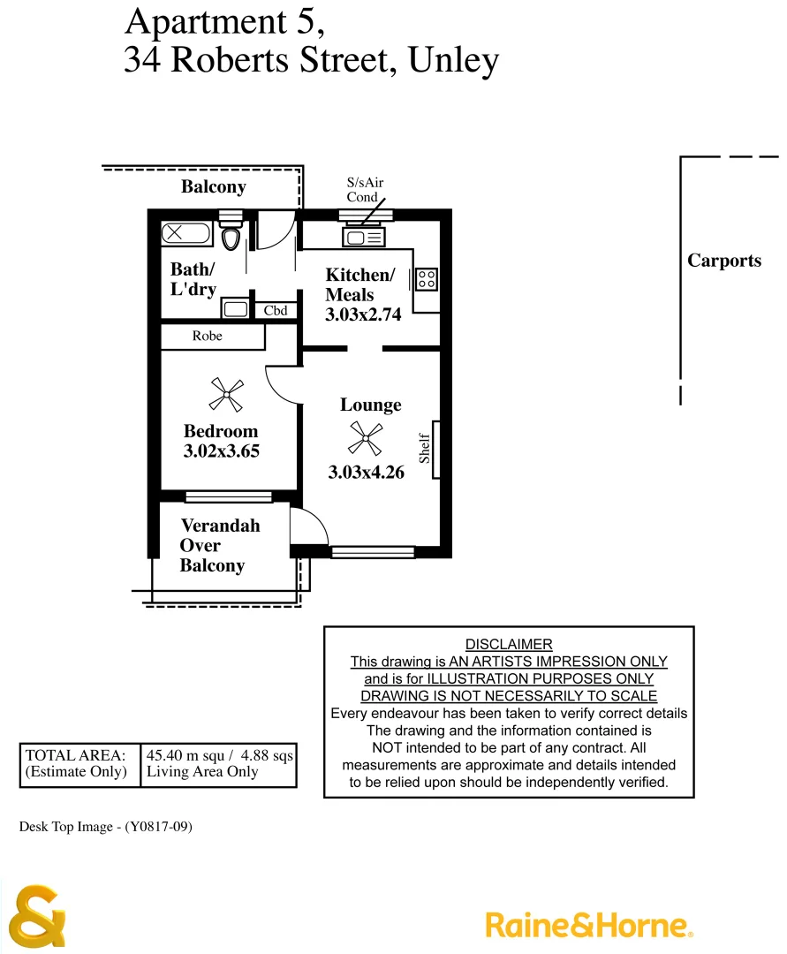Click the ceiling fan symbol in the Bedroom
(226, 394)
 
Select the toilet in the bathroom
(231, 238)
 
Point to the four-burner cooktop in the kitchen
(427, 279)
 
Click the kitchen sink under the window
(364, 237)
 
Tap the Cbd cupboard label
(276, 311)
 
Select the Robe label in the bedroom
(208, 337)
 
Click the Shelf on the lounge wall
(435, 450)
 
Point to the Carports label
(724, 261)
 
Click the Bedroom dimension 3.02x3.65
(221, 450)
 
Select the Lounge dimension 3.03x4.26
(366, 473)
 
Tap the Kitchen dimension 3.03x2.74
(363, 314)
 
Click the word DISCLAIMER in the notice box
(509, 645)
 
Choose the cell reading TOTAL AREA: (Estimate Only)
(79, 764)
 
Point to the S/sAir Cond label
(364, 190)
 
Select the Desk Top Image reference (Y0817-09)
(106, 827)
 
